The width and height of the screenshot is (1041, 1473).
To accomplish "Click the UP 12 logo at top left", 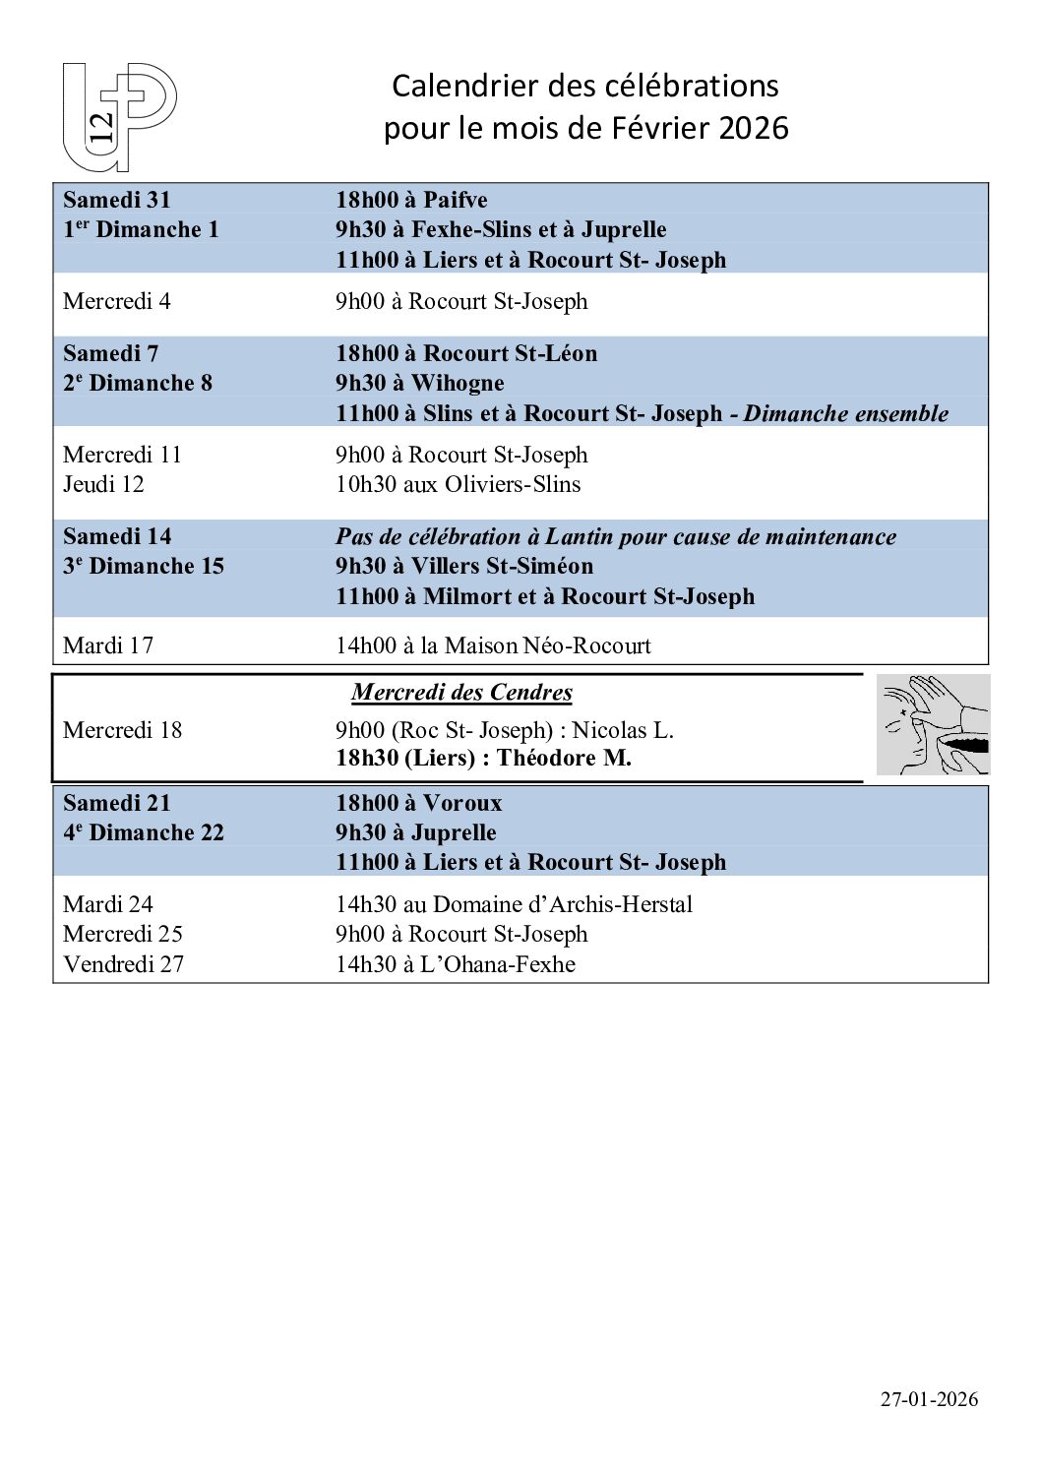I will point(119,117).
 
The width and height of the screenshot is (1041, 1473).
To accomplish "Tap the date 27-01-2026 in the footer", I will point(929,1399).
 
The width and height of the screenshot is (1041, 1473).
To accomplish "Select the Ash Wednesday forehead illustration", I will point(932,724).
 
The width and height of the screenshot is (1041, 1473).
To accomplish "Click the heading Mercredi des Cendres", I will point(461,692).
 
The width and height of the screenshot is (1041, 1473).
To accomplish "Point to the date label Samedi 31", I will point(117,200).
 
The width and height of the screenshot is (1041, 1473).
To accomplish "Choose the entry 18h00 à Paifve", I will point(411,200).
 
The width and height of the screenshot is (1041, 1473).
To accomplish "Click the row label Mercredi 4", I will point(117,301).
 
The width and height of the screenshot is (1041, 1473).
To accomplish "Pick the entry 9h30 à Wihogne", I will point(419,383).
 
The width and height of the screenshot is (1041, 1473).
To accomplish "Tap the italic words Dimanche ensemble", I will point(845,413).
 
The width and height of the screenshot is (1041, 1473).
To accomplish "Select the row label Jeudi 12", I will point(103,484).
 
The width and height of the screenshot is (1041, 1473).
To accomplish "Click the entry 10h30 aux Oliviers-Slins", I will point(458,484).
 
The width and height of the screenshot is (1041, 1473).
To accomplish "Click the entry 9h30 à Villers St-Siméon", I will point(464,566).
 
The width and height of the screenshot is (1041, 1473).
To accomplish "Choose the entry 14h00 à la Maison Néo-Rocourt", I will point(493,645).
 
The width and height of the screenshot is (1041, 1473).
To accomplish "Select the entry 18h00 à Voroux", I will point(418,803).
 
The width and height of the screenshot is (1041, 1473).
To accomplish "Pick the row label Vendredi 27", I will point(123,964).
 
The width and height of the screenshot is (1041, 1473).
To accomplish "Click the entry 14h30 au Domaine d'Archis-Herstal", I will point(514,904).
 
